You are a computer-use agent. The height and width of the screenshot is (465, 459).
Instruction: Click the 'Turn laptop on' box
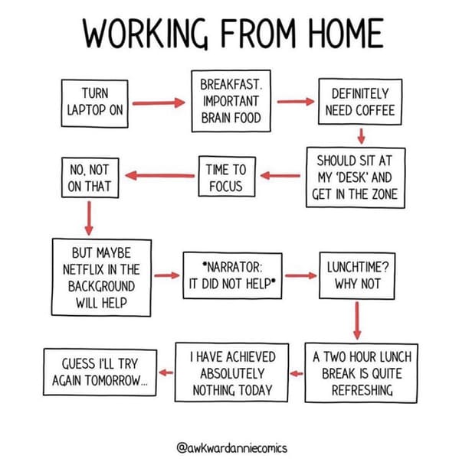94,103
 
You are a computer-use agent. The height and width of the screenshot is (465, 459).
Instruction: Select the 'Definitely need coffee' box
360,102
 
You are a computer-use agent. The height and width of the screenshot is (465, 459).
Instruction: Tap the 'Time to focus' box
227,177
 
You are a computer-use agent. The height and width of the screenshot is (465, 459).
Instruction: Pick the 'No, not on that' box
90,177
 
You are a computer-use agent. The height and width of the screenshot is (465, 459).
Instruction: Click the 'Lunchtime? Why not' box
357,275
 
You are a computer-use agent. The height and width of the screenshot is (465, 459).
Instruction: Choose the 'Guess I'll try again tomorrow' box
100,372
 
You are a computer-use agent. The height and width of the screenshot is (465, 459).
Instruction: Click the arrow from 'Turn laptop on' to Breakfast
159,103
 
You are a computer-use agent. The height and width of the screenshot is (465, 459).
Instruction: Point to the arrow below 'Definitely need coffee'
361,136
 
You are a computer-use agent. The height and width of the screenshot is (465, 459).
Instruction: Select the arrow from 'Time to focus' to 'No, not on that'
160,176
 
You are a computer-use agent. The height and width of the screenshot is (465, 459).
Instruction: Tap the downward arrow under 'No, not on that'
89,218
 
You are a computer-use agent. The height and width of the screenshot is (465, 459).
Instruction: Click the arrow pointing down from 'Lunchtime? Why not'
357,320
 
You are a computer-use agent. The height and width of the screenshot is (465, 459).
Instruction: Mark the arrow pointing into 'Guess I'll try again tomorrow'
166,372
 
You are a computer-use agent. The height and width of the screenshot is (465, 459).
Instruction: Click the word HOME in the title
346,33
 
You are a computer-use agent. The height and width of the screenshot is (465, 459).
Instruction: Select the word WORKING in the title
145,33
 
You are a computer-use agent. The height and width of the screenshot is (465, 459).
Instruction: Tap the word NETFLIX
84,270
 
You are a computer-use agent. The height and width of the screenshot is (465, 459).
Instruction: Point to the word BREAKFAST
231,85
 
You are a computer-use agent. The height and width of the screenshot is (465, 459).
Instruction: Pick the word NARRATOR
232,267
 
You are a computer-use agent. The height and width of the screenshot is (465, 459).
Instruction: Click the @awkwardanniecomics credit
231,447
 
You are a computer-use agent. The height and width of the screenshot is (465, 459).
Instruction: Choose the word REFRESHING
362,390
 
